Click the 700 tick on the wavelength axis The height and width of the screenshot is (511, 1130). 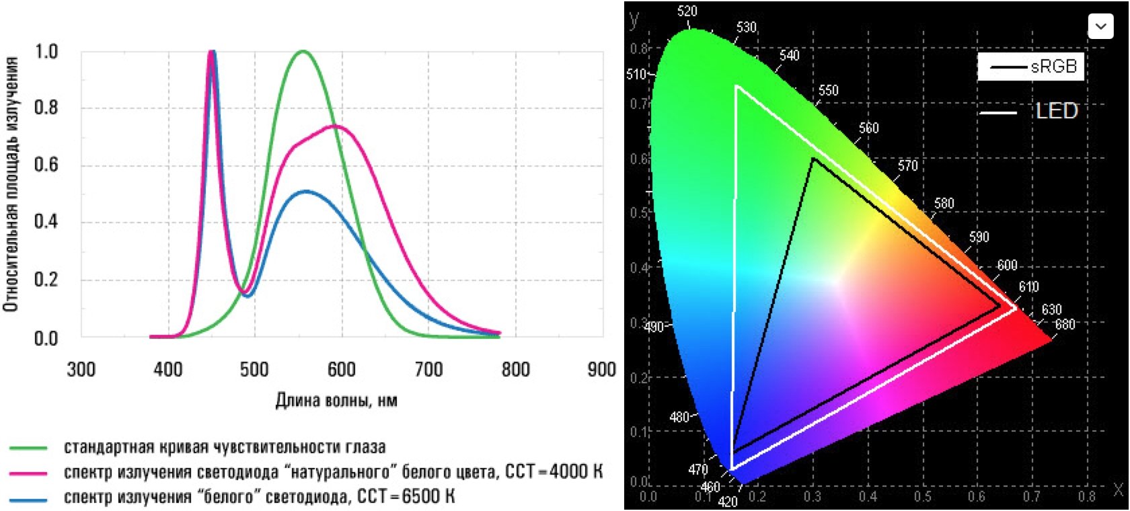[428, 369]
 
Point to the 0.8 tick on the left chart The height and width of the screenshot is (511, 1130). [46, 108]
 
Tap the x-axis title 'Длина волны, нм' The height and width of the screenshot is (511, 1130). [336, 401]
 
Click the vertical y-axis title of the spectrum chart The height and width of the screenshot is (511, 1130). [10, 185]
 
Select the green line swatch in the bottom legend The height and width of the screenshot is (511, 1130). [28, 448]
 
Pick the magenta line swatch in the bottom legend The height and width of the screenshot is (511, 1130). [28, 473]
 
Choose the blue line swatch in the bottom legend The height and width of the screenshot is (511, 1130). [28, 498]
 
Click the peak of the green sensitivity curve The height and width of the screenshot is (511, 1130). [303, 51]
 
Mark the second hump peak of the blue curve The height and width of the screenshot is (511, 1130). [306, 192]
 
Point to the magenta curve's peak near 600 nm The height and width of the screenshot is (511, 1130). [335, 126]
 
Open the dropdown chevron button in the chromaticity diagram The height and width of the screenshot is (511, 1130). [1100, 26]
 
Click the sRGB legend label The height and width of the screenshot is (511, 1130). [1053, 67]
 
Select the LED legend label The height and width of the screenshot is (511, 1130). [1057, 111]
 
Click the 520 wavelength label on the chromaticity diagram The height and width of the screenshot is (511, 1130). [687, 11]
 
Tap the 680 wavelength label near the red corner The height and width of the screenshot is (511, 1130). [1065, 324]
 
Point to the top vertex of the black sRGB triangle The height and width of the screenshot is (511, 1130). [813, 159]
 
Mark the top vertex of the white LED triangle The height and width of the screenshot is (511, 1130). [737, 86]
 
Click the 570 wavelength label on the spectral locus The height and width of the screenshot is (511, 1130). [907, 165]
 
